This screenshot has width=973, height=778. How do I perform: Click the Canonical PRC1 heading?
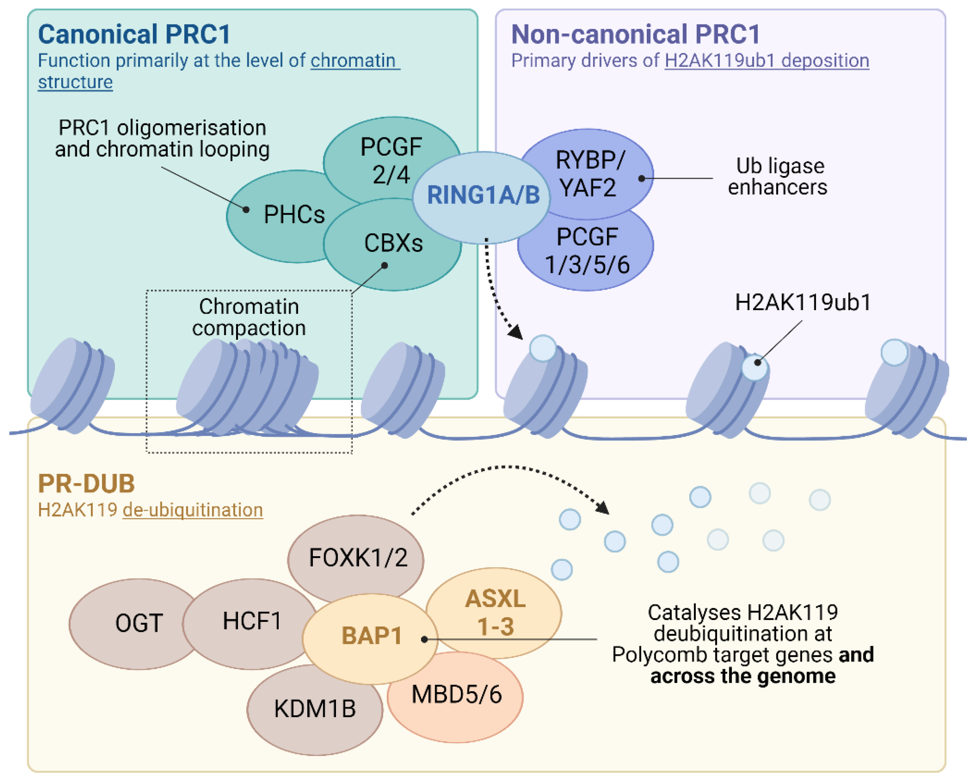[134, 34]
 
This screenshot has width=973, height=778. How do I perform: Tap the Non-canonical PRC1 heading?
[636, 34]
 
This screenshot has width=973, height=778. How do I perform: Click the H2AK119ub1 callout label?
[802, 302]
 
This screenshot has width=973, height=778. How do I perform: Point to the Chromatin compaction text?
[249, 317]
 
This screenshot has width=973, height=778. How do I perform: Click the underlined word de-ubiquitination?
[193, 510]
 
